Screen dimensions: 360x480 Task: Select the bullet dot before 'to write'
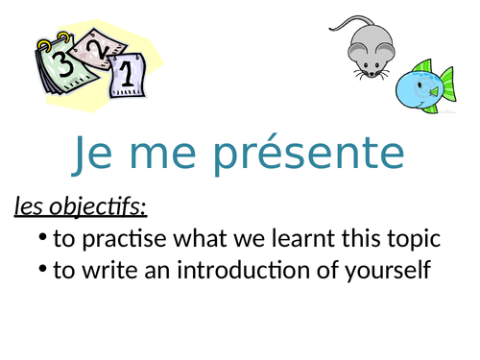click(x=41, y=270)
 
